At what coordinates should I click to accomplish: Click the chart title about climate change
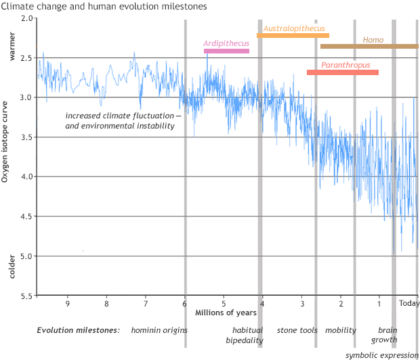pyautogui.click(x=104, y=6)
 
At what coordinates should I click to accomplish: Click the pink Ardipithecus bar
pyautogui.click(x=226, y=51)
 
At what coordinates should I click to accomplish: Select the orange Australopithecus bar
pyautogui.click(x=293, y=35)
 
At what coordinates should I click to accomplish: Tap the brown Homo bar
pyautogui.click(x=369, y=46)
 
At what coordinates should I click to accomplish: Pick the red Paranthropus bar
pyautogui.click(x=343, y=72)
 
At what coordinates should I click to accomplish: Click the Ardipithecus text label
pyautogui.click(x=226, y=43)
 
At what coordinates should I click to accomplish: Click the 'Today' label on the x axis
pyautogui.click(x=409, y=304)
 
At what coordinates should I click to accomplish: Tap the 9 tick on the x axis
pyautogui.click(x=67, y=304)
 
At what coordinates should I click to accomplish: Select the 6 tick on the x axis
pyautogui.click(x=185, y=304)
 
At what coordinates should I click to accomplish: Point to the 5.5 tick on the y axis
pyautogui.click(x=25, y=296)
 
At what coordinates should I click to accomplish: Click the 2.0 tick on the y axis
pyautogui.click(x=25, y=18)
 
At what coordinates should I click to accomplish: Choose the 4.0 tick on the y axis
pyautogui.click(x=25, y=177)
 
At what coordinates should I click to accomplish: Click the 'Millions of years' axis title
pyautogui.click(x=226, y=313)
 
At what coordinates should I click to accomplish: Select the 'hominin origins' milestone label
pyautogui.click(x=159, y=330)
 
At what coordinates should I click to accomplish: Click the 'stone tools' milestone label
pyautogui.click(x=297, y=330)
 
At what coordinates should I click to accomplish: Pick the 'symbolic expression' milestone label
pyautogui.click(x=382, y=355)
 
